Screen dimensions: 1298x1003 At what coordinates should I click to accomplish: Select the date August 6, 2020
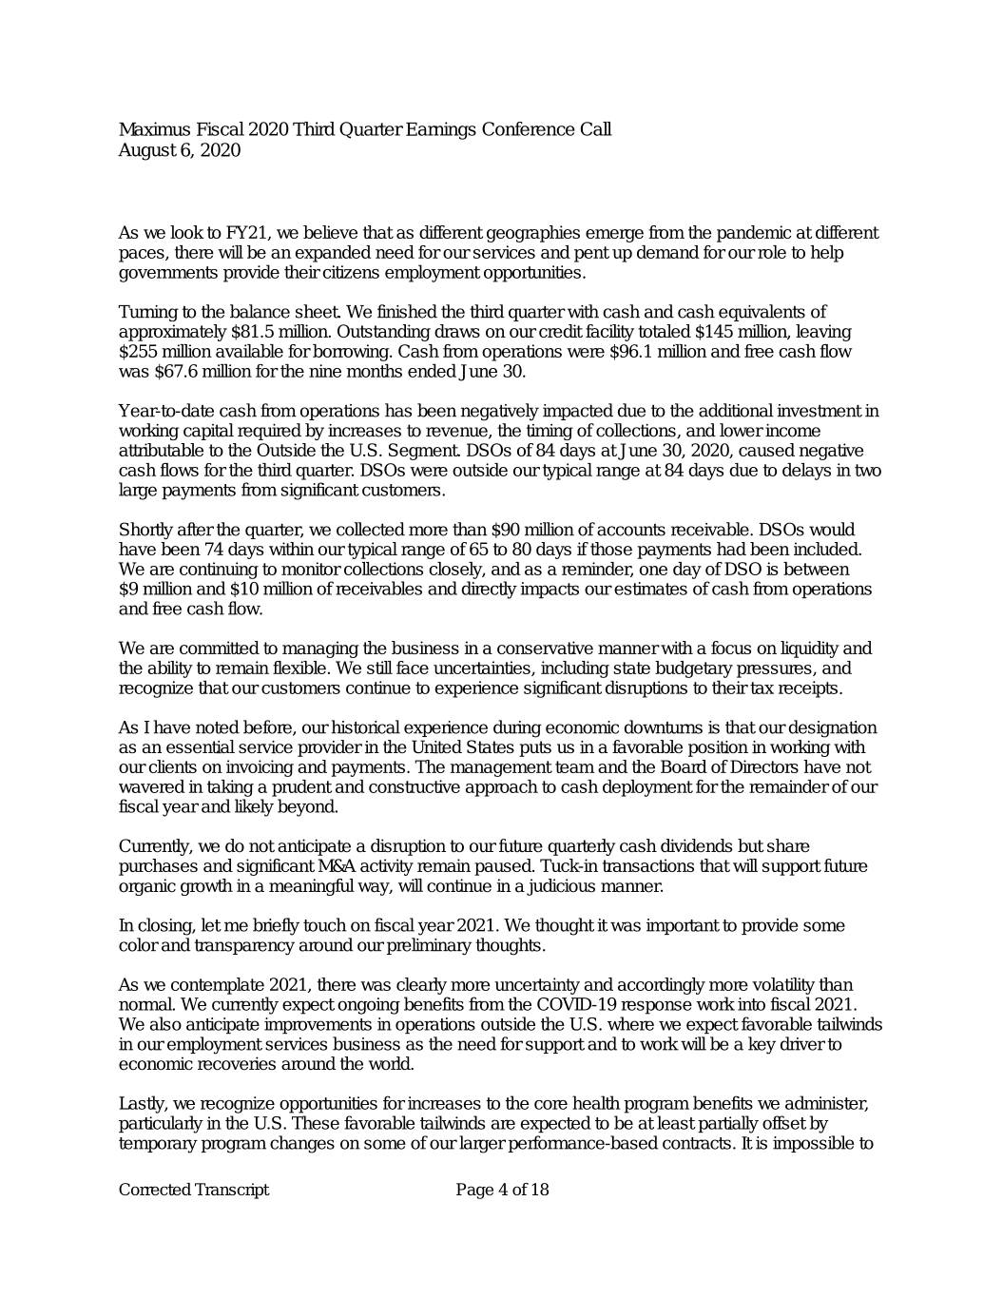179,150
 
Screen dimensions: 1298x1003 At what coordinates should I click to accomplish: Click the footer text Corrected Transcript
193,1190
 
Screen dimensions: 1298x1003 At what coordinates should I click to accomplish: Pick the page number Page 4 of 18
502,1190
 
